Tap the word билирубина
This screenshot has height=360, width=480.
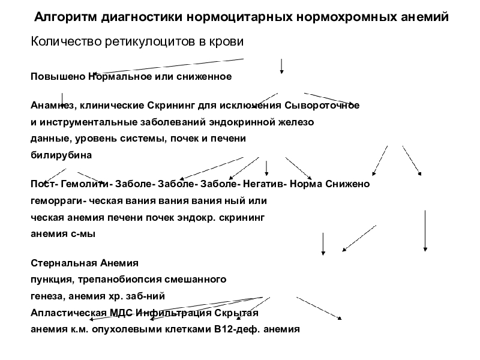61,154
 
